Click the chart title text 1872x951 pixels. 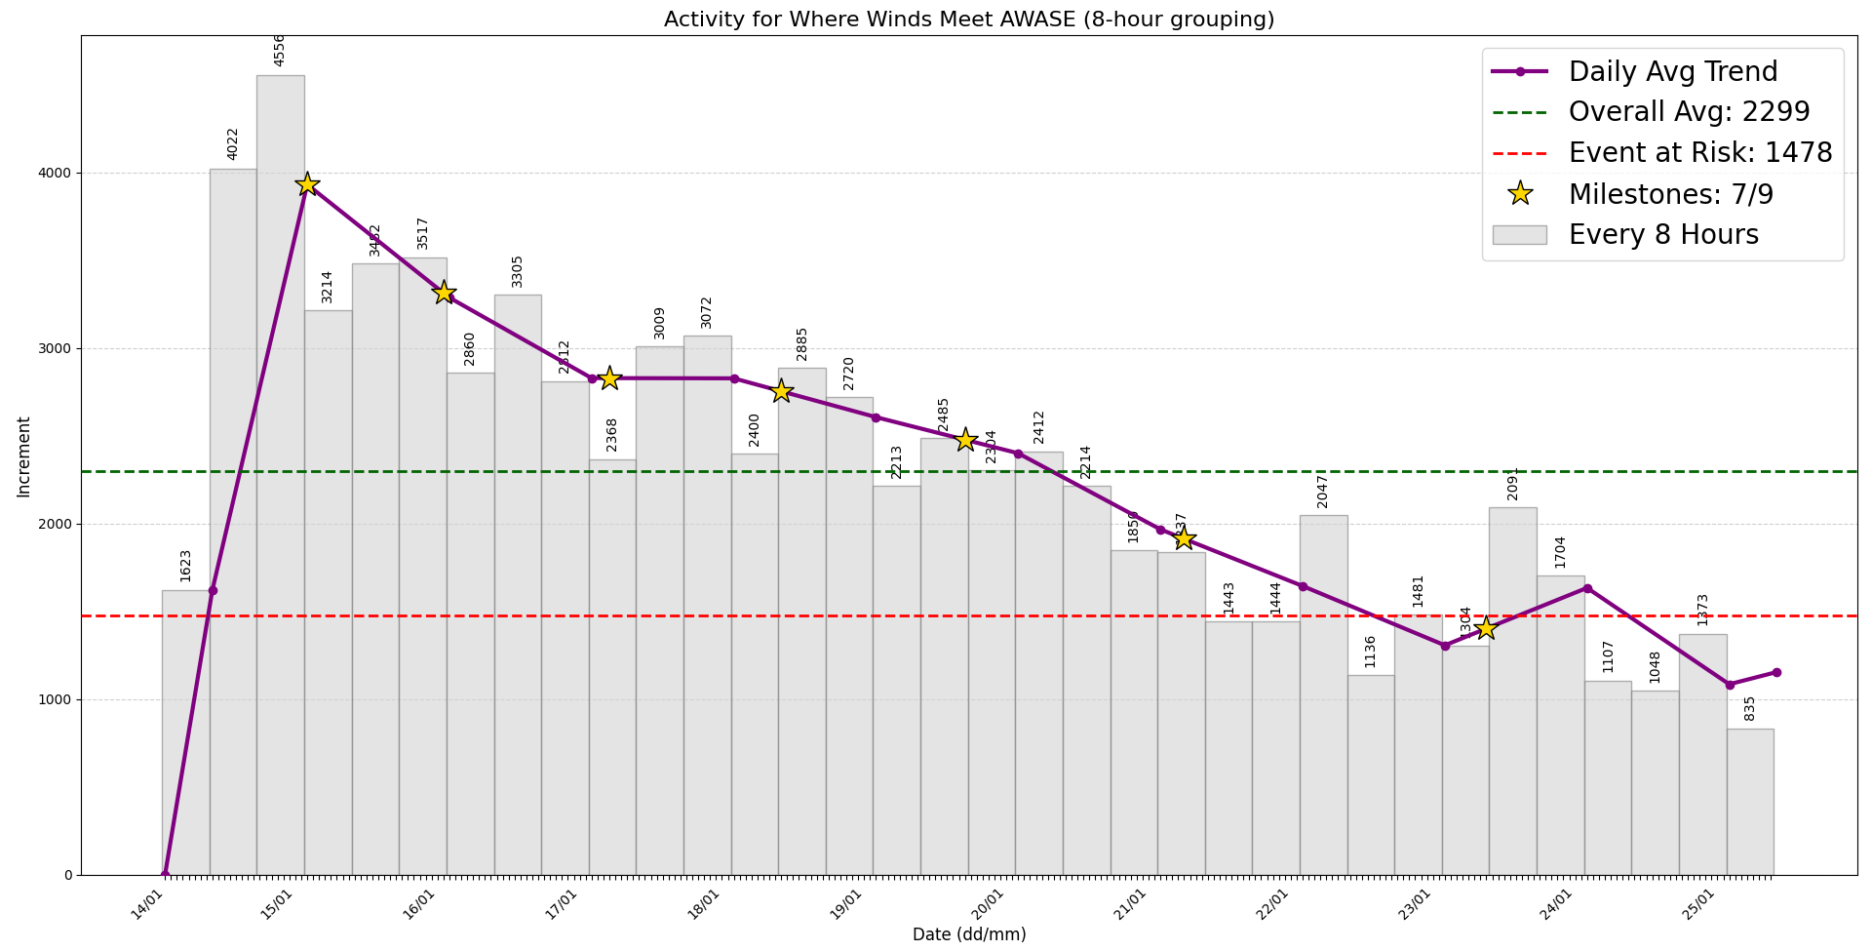pos(968,20)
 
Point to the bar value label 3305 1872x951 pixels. pos(518,271)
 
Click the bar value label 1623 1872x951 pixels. pos(185,565)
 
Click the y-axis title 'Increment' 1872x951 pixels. pos(23,456)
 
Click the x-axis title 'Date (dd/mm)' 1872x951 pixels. pos(968,934)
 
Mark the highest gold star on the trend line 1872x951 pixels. pos(307,184)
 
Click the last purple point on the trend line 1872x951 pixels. pos(1776,672)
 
